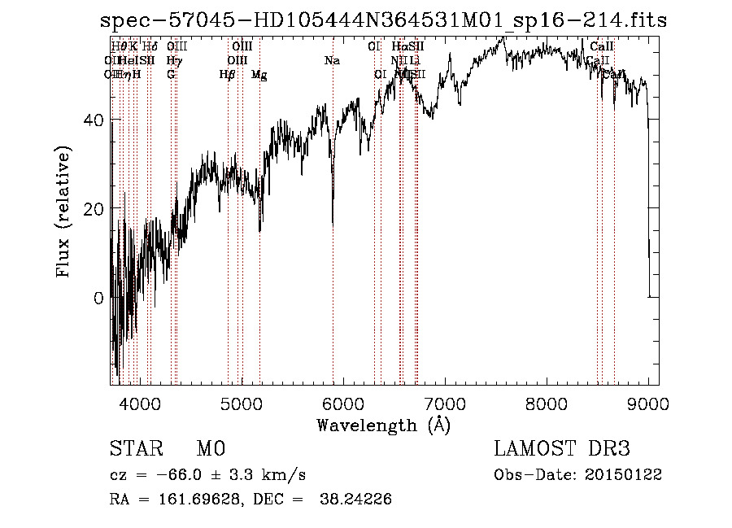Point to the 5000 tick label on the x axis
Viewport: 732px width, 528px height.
[x=242, y=402]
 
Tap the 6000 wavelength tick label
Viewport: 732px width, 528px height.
[x=343, y=402]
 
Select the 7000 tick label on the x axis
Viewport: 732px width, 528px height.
[x=445, y=402]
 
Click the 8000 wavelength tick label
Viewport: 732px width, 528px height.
[x=547, y=402]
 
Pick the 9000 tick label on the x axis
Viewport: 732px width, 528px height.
[x=648, y=402]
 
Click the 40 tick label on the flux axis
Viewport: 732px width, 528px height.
[x=94, y=120]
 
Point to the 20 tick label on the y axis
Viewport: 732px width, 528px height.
[x=94, y=209]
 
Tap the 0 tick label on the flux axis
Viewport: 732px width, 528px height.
[x=99, y=298]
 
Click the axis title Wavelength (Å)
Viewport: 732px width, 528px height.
[x=383, y=425]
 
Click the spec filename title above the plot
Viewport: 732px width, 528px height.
[x=383, y=20]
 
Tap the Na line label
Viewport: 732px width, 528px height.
[x=332, y=60]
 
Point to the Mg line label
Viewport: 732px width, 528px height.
[x=259, y=75]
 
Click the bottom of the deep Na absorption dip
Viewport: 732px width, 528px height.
[x=333, y=223]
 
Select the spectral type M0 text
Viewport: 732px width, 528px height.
[x=210, y=449]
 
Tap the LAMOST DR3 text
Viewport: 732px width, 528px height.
[x=561, y=449]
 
